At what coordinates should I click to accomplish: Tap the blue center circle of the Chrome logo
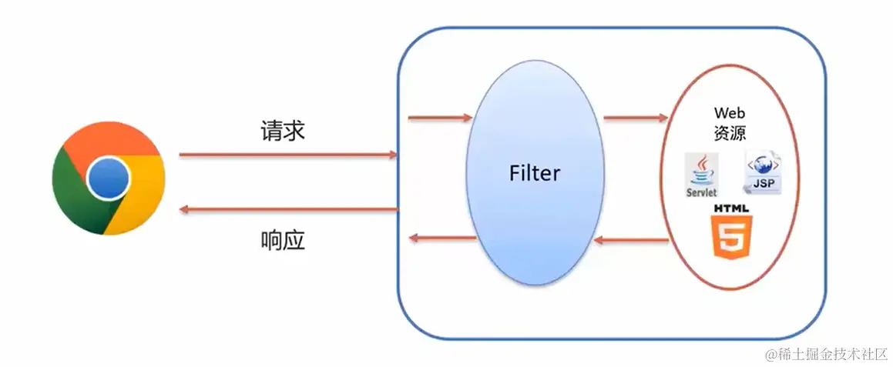(x=109, y=178)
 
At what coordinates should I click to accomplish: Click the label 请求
(x=283, y=131)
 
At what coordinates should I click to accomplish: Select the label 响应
(x=283, y=241)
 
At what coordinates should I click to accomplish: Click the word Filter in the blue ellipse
(x=535, y=173)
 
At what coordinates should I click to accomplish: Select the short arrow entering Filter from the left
(x=439, y=118)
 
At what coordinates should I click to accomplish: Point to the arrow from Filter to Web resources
(x=636, y=118)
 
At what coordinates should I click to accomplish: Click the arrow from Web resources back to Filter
(x=632, y=241)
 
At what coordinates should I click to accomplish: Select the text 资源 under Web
(x=730, y=132)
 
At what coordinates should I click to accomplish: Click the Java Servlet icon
(x=701, y=175)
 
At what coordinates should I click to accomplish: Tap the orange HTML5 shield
(x=731, y=238)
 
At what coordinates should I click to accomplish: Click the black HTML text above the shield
(x=731, y=209)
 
